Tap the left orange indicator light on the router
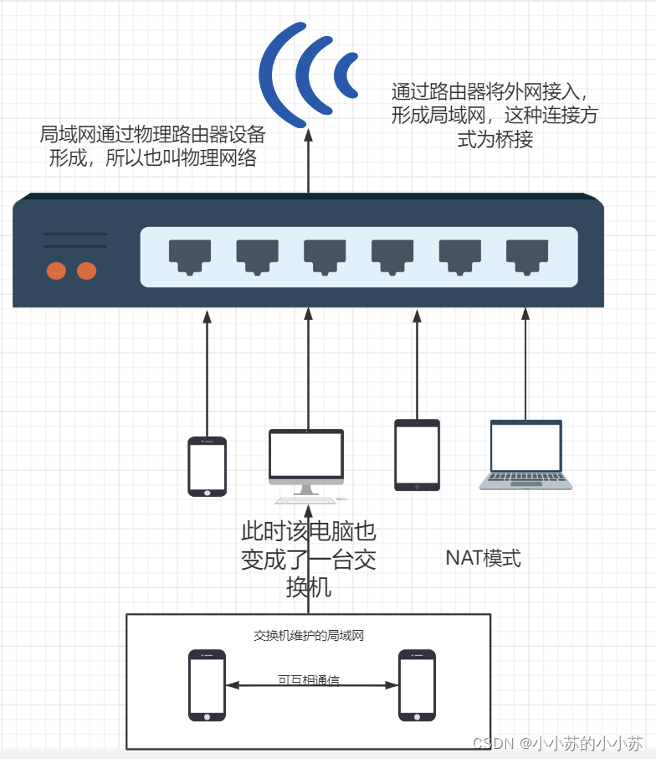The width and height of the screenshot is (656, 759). pyautogui.click(x=56, y=271)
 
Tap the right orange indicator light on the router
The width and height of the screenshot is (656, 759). pyautogui.click(x=86, y=271)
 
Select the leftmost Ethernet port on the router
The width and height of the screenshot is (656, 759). pyautogui.click(x=189, y=256)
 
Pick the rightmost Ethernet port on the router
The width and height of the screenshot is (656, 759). pyautogui.click(x=526, y=256)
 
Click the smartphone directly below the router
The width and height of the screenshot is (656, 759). pyautogui.click(x=207, y=466)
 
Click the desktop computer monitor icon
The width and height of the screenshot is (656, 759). pyautogui.click(x=305, y=457)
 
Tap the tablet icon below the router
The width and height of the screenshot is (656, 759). pyautogui.click(x=417, y=454)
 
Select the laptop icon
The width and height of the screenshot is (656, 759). pyautogui.click(x=525, y=454)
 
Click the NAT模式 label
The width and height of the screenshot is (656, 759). pyautogui.click(x=483, y=558)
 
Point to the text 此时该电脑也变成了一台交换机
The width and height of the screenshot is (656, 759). pyautogui.click(x=309, y=559)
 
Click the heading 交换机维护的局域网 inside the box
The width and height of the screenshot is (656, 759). pyautogui.click(x=309, y=636)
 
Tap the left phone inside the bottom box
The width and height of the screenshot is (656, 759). pyautogui.click(x=207, y=684)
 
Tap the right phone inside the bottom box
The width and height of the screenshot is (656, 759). pyautogui.click(x=418, y=684)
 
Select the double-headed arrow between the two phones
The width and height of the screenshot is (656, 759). pyautogui.click(x=312, y=685)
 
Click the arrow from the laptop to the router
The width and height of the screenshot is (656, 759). pyautogui.click(x=525, y=364)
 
